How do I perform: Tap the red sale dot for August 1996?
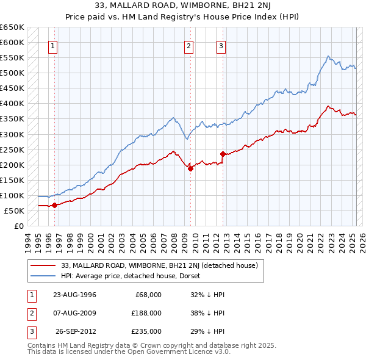click(54, 205)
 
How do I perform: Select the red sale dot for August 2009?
click(190, 168)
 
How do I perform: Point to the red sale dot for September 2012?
click(223, 154)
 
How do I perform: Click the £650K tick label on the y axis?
click(12, 27)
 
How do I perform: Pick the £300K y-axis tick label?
click(12, 134)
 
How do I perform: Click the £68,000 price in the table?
click(148, 295)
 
